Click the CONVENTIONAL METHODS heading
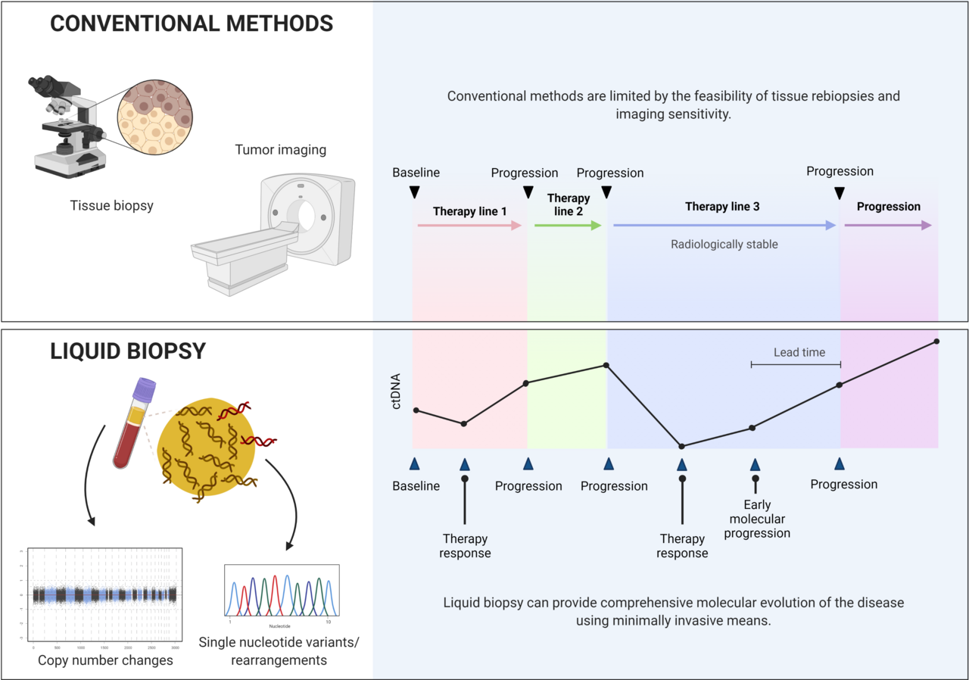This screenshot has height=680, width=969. click(x=191, y=23)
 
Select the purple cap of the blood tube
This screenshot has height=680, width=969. click(x=144, y=390)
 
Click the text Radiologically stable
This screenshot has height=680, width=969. click(x=724, y=245)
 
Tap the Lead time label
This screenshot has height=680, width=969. click(x=799, y=352)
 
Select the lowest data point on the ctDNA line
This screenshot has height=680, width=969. click(x=681, y=447)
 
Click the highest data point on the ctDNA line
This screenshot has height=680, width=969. click(x=936, y=342)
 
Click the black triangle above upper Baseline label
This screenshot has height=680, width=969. click(x=414, y=192)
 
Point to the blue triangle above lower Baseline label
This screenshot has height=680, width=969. click(x=414, y=463)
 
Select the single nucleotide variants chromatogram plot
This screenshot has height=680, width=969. click(x=282, y=595)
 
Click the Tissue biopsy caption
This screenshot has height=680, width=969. click(x=111, y=205)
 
